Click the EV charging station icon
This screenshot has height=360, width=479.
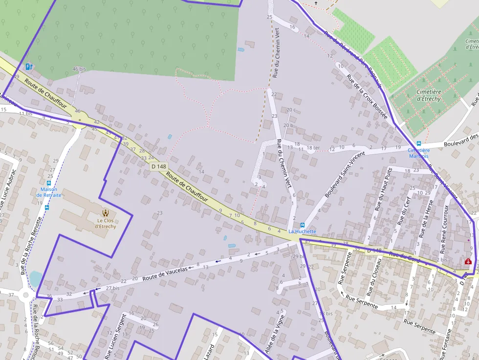[x=29, y=66]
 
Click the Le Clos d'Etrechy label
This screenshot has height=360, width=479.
[x=105, y=223]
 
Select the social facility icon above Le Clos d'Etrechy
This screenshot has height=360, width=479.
[x=105, y=212]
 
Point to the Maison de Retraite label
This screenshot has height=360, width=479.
[x=49, y=192]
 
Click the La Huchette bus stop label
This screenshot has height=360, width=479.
[x=302, y=231]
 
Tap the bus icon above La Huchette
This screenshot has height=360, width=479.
[x=303, y=225]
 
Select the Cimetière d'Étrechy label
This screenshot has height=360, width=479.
[x=428, y=95]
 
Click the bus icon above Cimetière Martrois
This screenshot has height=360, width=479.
[x=419, y=144]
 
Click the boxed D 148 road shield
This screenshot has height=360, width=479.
[x=159, y=167]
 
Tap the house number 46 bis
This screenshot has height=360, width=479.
[x=79, y=69]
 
